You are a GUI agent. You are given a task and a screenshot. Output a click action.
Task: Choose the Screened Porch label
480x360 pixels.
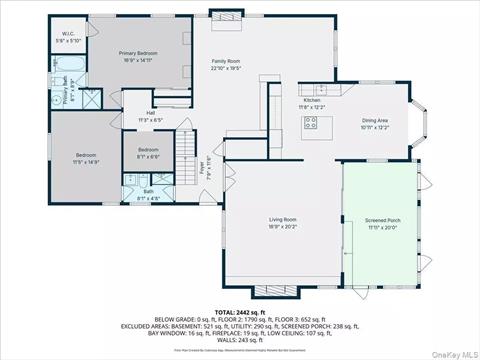[x=379, y=223]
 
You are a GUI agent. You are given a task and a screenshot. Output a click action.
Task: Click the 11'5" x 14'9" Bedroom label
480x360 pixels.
[x=85, y=157]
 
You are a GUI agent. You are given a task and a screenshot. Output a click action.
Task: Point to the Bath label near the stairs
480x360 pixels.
[x=148, y=192]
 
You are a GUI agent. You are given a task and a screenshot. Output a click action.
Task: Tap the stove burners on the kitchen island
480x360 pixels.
[x=310, y=124]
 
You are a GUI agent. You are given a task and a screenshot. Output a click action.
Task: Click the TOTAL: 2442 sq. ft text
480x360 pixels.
[x=238, y=313]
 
